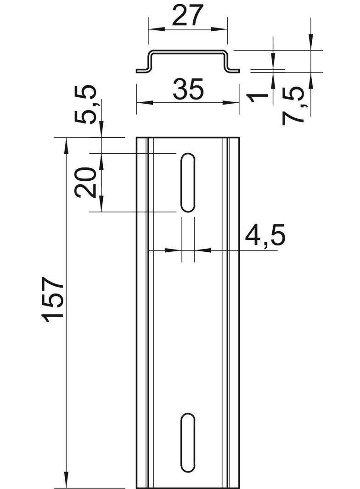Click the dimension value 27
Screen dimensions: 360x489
[188, 15]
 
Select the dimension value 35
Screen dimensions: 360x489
[188, 89]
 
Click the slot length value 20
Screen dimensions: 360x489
[85, 182]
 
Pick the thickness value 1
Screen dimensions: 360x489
[258, 98]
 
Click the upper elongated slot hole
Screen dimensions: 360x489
[188, 183]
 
